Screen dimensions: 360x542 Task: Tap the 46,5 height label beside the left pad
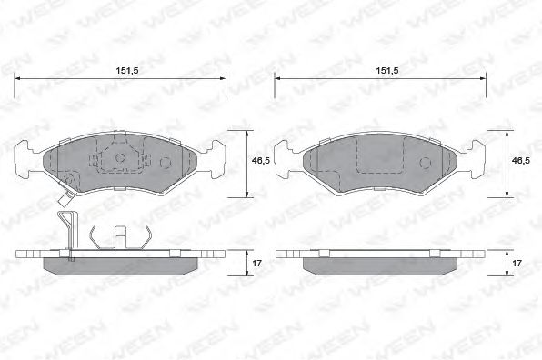[x=259, y=161]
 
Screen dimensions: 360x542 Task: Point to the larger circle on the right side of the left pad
[x=166, y=163]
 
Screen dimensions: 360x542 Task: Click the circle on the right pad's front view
[x=425, y=161]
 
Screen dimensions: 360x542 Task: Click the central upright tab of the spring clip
[x=118, y=235]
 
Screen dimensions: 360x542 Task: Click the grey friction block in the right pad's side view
[x=380, y=265]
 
